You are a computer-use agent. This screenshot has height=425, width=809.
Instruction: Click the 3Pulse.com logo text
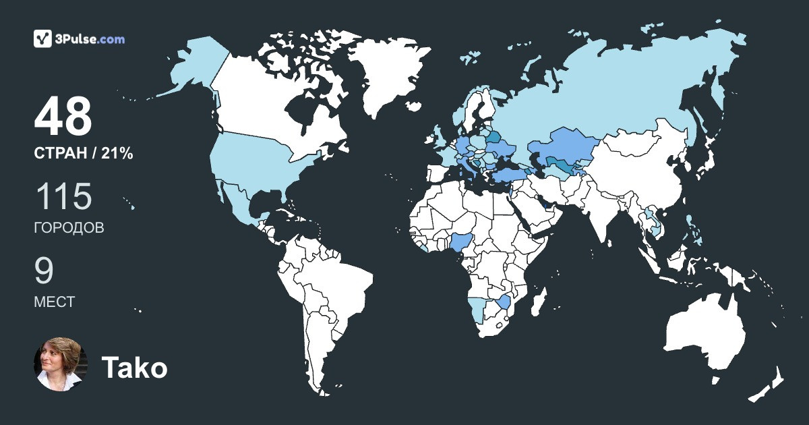[90, 39]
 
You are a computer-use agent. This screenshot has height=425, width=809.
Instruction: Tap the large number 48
[63, 117]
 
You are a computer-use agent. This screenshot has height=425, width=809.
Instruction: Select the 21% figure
[117, 154]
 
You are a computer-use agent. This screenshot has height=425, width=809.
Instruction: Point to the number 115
[63, 197]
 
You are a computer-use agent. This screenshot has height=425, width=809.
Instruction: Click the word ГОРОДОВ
[69, 228]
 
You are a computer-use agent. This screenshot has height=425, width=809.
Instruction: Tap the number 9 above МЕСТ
[44, 271]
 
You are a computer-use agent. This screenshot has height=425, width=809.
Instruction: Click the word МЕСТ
[54, 302]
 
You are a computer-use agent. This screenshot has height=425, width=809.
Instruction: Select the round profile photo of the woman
[61, 364]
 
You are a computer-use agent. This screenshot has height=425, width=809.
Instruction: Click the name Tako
[134, 368]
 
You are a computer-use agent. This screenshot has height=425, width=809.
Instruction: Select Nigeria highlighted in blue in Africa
[464, 244]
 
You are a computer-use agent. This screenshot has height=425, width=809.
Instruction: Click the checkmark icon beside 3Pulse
[42, 38]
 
